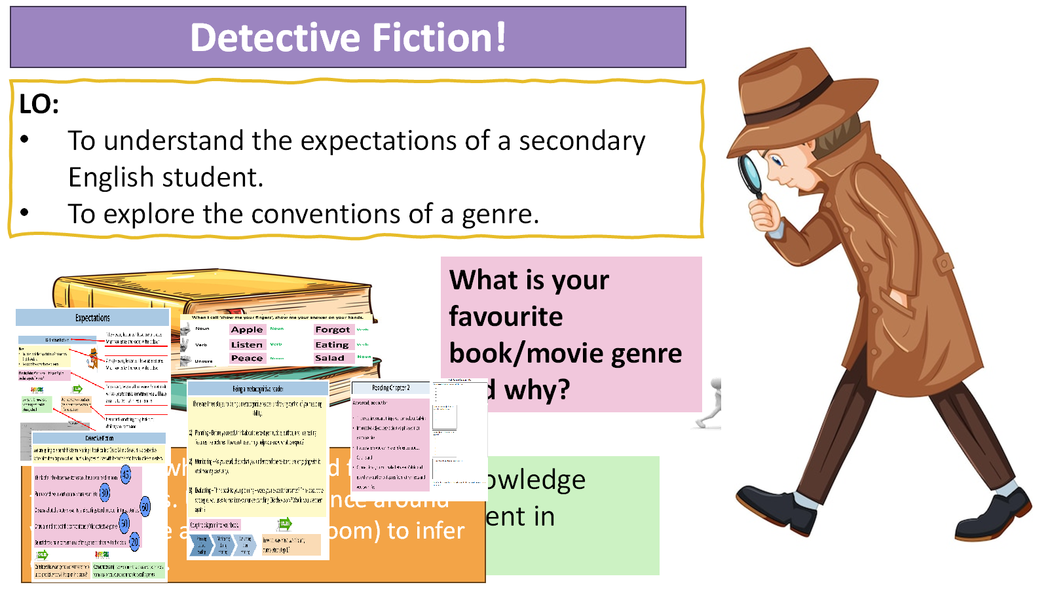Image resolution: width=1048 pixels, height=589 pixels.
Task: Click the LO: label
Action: (x=39, y=104)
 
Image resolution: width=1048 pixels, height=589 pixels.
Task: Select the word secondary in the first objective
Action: (x=582, y=141)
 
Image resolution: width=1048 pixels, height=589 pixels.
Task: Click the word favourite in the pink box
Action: (x=506, y=317)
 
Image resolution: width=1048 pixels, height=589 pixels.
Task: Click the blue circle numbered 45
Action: (x=126, y=474)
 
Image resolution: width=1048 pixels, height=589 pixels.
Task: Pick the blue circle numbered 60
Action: (x=145, y=507)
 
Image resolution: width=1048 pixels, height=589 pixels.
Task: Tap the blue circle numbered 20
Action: (x=135, y=541)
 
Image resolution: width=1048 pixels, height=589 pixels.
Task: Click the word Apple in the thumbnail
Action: (x=247, y=330)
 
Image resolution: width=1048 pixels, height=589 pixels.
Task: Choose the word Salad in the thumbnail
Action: (x=329, y=358)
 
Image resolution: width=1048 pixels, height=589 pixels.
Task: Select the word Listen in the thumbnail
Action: (x=246, y=345)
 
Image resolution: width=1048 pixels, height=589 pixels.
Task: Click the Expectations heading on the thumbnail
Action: (x=92, y=318)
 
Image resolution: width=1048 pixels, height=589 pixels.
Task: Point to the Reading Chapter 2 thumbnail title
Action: (x=391, y=388)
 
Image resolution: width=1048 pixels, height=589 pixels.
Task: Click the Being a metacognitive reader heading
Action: (x=257, y=389)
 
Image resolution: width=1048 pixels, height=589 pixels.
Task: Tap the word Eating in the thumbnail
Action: (x=332, y=345)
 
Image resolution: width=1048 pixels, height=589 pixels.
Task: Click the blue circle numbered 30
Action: (x=105, y=493)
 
